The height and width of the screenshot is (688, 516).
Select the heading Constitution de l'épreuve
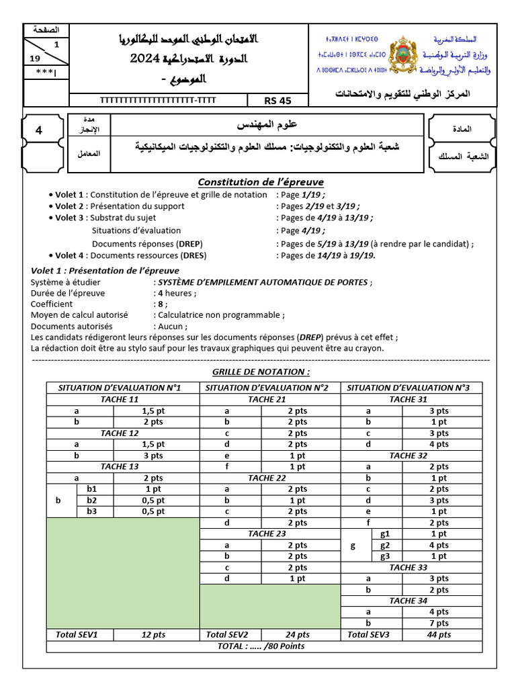click(x=261, y=182)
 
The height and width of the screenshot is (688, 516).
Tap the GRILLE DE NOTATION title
click(x=261, y=372)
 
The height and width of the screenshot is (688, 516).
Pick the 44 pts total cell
click(x=439, y=634)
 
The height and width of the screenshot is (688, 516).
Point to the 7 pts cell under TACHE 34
click(x=439, y=623)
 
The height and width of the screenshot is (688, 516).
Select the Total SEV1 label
click(x=77, y=634)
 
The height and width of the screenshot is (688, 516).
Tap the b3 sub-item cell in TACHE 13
click(x=92, y=511)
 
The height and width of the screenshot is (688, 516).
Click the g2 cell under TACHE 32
click(x=385, y=545)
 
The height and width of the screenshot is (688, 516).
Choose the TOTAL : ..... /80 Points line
click(x=261, y=646)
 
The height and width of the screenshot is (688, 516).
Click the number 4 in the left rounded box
click(x=39, y=130)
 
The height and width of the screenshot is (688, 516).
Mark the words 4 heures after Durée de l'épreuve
click(x=177, y=293)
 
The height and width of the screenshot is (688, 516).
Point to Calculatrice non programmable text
click(x=221, y=314)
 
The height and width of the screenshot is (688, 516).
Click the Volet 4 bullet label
click(x=70, y=255)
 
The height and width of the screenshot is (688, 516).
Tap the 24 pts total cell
click(x=298, y=634)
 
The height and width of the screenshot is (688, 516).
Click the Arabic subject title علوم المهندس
click(x=267, y=124)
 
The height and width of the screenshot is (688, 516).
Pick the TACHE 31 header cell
click(x=408, y=399)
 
